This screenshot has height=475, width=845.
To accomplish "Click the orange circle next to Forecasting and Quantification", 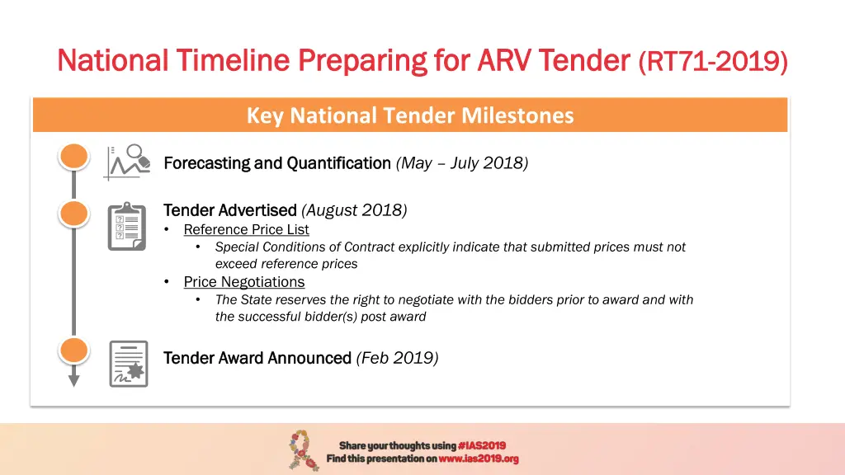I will [73, 157].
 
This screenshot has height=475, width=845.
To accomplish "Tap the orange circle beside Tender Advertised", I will [73, 214].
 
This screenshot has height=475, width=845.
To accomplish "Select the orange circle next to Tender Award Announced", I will [73, 351].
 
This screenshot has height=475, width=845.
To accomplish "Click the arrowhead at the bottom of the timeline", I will [73, 380].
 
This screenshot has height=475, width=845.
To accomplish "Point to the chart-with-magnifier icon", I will [128, 162].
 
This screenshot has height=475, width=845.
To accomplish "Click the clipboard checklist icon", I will [128, 225].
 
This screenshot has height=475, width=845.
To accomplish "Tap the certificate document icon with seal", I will [128, 364].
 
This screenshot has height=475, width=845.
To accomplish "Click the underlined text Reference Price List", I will [246, 229].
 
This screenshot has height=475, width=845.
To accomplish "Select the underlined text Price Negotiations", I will [243, 281].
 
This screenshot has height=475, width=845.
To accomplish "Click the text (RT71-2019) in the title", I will [713, 60].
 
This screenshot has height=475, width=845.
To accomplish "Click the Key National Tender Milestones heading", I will [409, 115].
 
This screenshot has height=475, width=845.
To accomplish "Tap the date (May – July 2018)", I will [462, 162].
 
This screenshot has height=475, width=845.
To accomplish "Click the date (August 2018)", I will [354, 209].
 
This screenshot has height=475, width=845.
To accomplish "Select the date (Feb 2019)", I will [397, 357].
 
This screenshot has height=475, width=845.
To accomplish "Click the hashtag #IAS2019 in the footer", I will [481, 445].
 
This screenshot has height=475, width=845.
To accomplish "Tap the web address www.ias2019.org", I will [478, 459].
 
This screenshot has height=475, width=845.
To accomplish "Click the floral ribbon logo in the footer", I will [303, 450].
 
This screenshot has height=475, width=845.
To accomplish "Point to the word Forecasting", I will [206, 162].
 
